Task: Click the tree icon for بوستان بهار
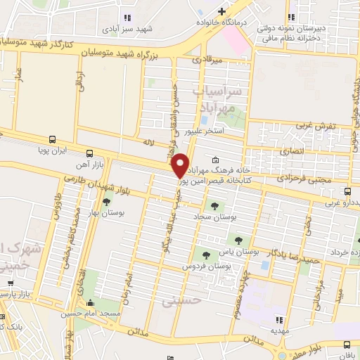(x=105, y=202)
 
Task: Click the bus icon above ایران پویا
(x=53, y=139)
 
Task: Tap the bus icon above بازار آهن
(x=89, y=153)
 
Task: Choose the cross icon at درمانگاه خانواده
(x=222, y=11)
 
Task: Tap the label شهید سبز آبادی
(x=126, y=30)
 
